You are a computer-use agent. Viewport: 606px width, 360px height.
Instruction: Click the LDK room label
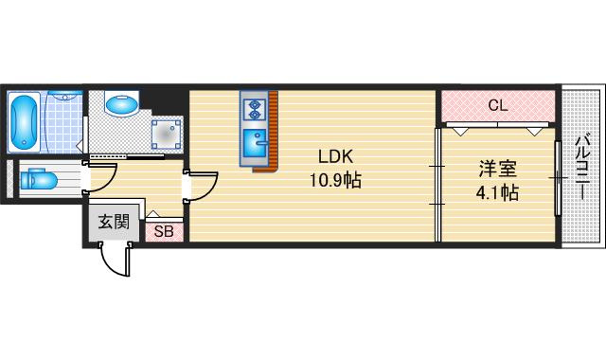click(x=335, y=156)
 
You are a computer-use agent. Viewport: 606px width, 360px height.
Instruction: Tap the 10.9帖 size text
click(x=335, y=180)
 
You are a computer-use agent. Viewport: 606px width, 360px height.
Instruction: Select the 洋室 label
click(x=497, y=169)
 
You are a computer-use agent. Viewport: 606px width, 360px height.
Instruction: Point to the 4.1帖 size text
click(x=497, y=192)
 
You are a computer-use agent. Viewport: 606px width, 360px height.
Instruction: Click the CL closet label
click(x=498, y=105)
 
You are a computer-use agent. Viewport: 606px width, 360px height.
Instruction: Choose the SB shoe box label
click(x=164, y=231)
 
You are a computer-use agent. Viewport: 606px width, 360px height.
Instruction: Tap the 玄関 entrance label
click(x=114, y=222)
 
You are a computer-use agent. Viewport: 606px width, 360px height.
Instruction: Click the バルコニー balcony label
click(x=583, y=167)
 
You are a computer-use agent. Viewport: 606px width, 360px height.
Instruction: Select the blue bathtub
click(x=24, y=122)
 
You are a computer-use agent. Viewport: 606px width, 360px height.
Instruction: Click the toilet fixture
click(x=39, y=179)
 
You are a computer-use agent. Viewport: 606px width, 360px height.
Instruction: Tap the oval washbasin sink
click(x=121, y=104)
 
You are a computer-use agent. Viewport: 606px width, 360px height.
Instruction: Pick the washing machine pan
click(x=167, y=135)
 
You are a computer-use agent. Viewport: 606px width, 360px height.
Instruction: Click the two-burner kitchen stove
click(x=254, y=109)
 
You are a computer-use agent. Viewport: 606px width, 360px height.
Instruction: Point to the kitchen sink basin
click(x=255, y=143)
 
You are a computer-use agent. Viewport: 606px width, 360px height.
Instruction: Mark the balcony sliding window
click(x=558, y=178)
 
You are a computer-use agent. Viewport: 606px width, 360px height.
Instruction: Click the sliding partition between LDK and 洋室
click(x=437, y=185)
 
